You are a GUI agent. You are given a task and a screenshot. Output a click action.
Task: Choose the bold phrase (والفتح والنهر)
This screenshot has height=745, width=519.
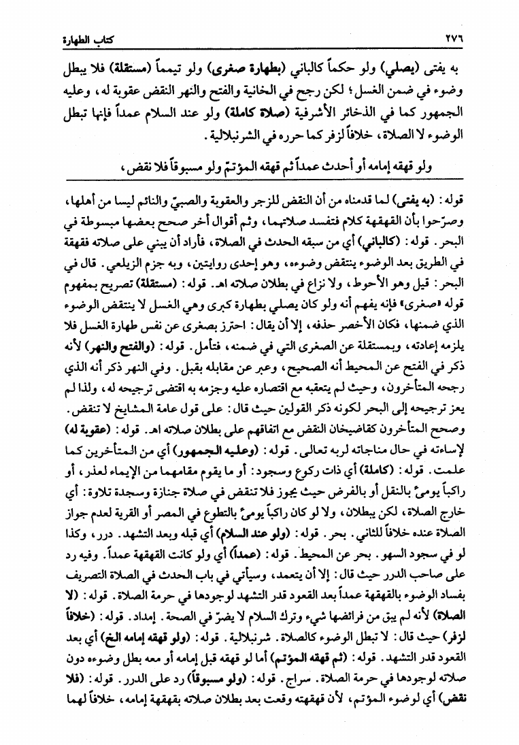pyautogui.click(x=114, y=348)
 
